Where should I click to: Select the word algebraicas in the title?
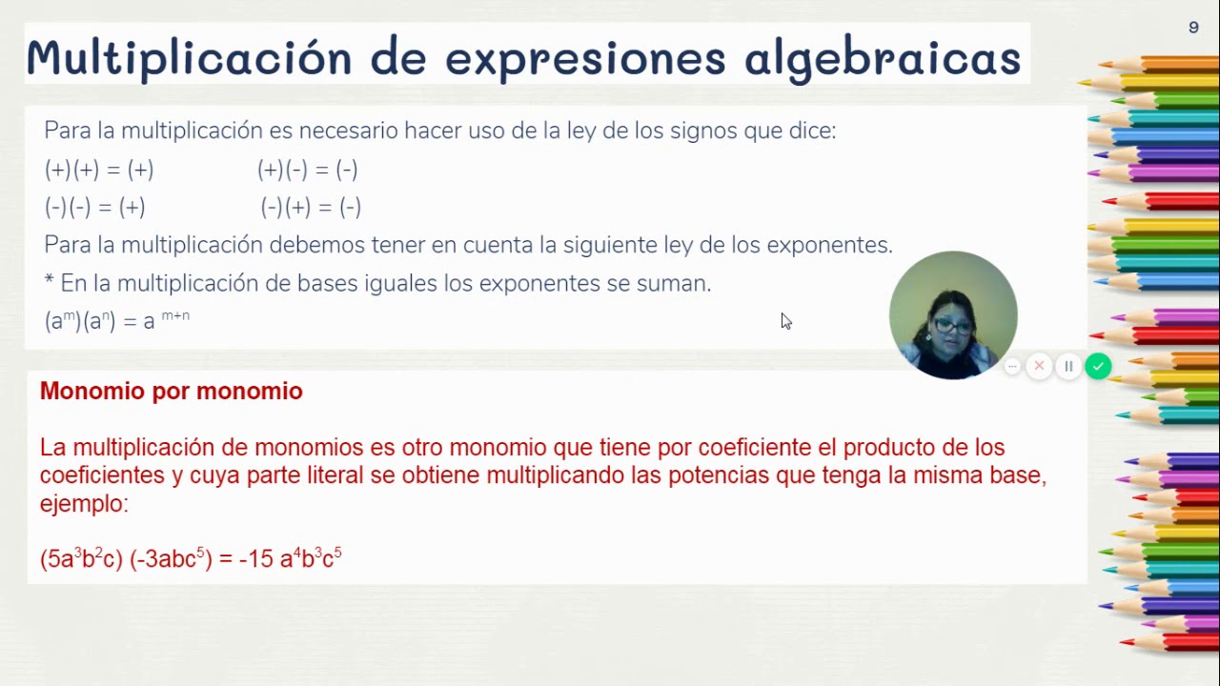point(883,57)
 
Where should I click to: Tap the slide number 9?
point(1193,28)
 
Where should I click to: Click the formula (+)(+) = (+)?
point(99,171)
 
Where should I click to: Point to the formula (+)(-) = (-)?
point(307,171)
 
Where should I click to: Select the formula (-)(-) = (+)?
point(94,207)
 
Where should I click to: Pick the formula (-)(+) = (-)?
point(311,207)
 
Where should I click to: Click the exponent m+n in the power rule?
point(175,315)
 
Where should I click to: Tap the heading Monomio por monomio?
point(172,392)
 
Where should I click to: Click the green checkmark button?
point(1098,366)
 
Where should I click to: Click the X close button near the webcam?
point(1040,366)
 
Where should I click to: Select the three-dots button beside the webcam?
point(1012,366)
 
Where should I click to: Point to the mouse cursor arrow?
point(784,320)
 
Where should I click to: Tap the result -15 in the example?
point(256,559)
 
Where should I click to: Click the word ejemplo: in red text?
point(84,503)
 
